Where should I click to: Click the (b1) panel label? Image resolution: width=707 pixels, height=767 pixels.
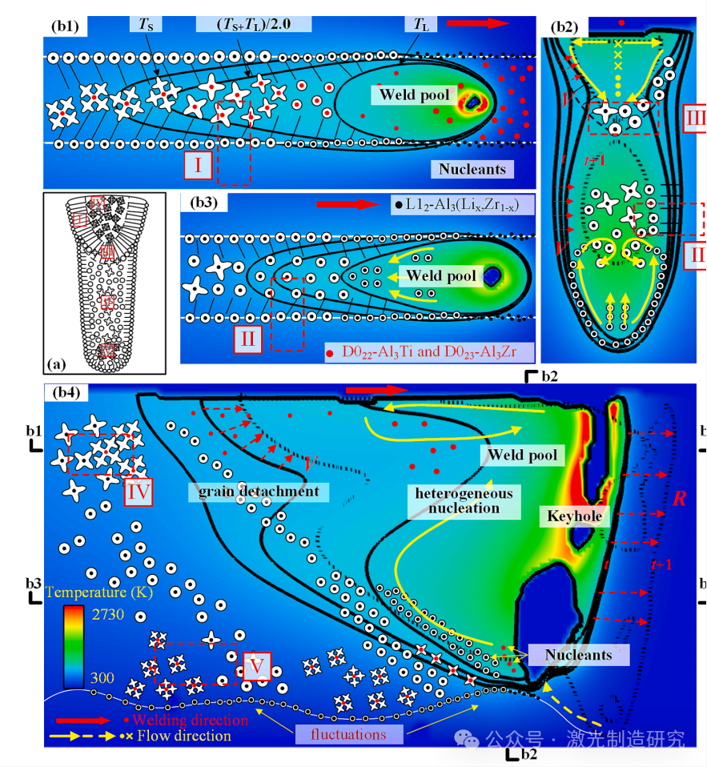[66, 25]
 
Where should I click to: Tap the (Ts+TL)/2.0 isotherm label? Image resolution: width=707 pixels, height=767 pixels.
[254, 24]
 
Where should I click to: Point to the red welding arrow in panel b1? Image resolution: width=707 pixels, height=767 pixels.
[477, 24]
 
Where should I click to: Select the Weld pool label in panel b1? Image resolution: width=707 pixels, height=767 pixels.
[414, 95]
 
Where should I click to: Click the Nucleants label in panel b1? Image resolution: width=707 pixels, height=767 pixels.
[472, 169]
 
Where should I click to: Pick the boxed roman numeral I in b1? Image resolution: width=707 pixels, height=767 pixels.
[197, 165]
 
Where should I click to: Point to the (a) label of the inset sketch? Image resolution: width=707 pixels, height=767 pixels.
[57, 363]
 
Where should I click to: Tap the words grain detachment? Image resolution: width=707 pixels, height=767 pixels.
[252, 491]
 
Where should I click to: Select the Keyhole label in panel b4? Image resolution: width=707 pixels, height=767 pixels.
[573, 516]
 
